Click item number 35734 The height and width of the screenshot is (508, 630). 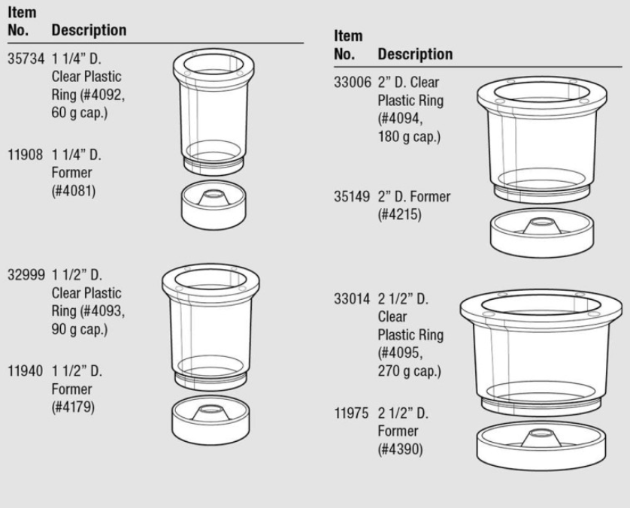(x=26, y=59)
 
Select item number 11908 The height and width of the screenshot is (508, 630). (x=26, y=155)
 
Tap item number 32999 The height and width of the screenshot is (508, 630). (x=26, y=275)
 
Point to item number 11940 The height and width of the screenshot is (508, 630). (x=26, y=370)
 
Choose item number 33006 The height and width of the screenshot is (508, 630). (x=353, y=83)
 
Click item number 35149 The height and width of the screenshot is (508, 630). (x=352, y=197)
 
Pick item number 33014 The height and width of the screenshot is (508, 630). (x=352, y=299)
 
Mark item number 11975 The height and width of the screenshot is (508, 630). (x=351, y=413)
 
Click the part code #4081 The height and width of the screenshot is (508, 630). (x=74, y=191)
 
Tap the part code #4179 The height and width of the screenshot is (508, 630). (x=73, y=407)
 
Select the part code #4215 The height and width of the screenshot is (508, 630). (x=400, y=215)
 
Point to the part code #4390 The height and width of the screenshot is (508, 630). (x=400, y=449)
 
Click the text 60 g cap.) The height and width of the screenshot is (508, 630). (x=80, y=113)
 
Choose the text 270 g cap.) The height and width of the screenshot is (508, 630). (x=410, y=371)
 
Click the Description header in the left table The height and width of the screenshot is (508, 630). (x=89, y=30)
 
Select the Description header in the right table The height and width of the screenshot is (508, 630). (x=415, y=54)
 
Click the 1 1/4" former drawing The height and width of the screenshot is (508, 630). (x=214, y=205)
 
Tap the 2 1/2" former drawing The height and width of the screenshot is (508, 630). (x=541, y=446)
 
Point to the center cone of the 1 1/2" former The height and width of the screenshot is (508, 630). (x=211, y=413)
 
